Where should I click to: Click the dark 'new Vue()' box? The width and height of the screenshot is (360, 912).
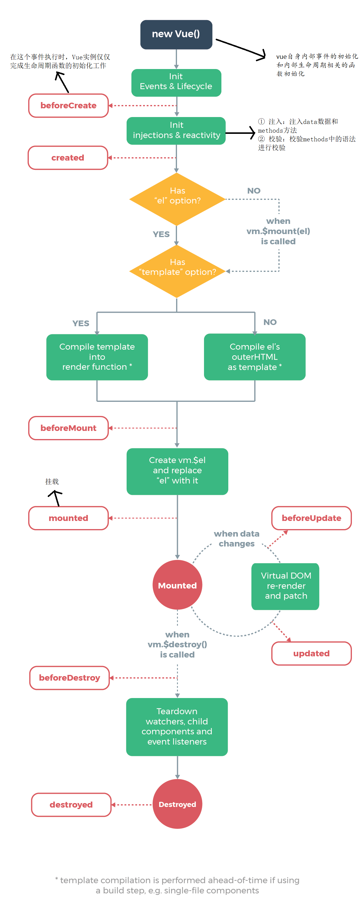click(176, 34)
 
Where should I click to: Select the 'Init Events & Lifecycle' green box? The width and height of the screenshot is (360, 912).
click(176, 83)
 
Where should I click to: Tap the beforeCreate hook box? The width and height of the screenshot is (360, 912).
click(68, 106)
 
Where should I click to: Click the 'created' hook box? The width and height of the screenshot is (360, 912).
click(67, 158)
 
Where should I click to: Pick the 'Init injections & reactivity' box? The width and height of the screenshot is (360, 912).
click(176, 131)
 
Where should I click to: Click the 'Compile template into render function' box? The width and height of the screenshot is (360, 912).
click(97, 357)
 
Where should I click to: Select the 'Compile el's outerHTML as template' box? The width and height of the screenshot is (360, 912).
click(254, 357)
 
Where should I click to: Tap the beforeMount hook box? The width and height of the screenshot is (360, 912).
click(68, 428)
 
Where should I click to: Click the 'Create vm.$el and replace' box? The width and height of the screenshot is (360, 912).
click(177, 471)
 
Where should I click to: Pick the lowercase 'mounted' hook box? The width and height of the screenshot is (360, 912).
click(68, 518)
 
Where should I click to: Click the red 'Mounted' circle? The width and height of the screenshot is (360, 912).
click(177, 585)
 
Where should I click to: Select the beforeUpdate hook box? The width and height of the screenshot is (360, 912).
click(311, 518)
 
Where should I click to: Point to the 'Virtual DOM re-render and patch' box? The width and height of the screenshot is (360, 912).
click(285, 586)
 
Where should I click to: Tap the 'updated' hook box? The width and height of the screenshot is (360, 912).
click(311, 653)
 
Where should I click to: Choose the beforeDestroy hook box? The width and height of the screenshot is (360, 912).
click(69, 678)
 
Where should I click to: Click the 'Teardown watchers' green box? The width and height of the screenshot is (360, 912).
click(177, 727)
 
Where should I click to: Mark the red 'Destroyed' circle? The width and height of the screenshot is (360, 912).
click(177, 804)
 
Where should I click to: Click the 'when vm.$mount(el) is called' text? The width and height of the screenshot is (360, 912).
click(278, 231)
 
